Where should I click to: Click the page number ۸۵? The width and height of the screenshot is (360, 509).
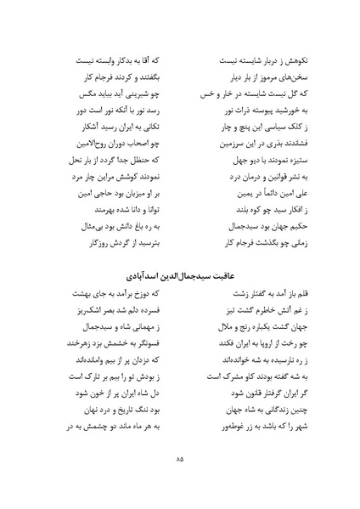click(x=180, y=460)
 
